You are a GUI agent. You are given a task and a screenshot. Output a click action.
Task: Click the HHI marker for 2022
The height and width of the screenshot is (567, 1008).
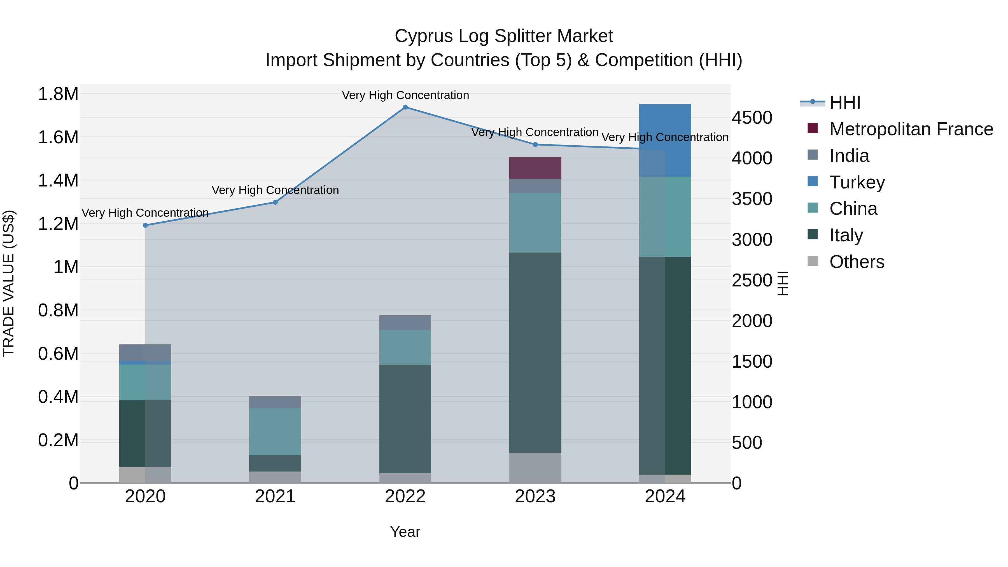(405, 107)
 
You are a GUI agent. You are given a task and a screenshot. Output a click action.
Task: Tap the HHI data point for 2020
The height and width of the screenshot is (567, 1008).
(145, 225)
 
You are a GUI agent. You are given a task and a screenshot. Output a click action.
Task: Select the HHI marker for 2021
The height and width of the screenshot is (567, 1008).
(275, 202)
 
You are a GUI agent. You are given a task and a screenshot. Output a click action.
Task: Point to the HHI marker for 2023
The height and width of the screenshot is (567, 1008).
(535, 145)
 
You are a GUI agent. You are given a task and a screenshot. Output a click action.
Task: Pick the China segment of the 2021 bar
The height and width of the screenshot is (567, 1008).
(275, 431)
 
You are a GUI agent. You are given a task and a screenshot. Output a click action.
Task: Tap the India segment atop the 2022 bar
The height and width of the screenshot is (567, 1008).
(405, 323)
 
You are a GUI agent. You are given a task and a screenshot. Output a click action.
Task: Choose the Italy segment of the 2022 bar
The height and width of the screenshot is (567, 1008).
(405, 419)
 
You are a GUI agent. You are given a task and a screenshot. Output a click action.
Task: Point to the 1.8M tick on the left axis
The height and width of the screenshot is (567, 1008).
(58, 94)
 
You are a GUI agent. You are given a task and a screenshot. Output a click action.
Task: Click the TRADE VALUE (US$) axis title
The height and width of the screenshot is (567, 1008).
(9, 283)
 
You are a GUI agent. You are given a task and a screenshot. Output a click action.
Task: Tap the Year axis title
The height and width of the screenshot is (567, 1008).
(405, 532)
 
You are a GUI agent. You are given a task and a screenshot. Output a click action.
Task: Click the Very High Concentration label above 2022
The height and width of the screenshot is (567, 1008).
(405, 95)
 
